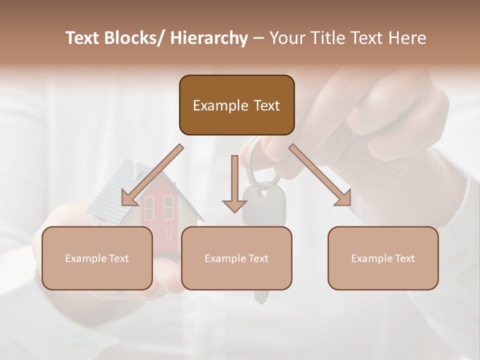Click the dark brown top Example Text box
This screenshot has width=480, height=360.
tap(236, 105)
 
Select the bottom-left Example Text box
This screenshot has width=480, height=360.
tap(97, 258)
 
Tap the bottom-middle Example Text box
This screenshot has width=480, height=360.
tap(236, 258)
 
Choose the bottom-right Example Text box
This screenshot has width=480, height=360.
tap(383, 258)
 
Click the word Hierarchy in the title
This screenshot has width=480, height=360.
tap(209, 38)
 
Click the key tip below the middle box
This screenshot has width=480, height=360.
tap(259, 297)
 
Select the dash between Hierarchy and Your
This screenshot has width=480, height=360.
tap(258, 38)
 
